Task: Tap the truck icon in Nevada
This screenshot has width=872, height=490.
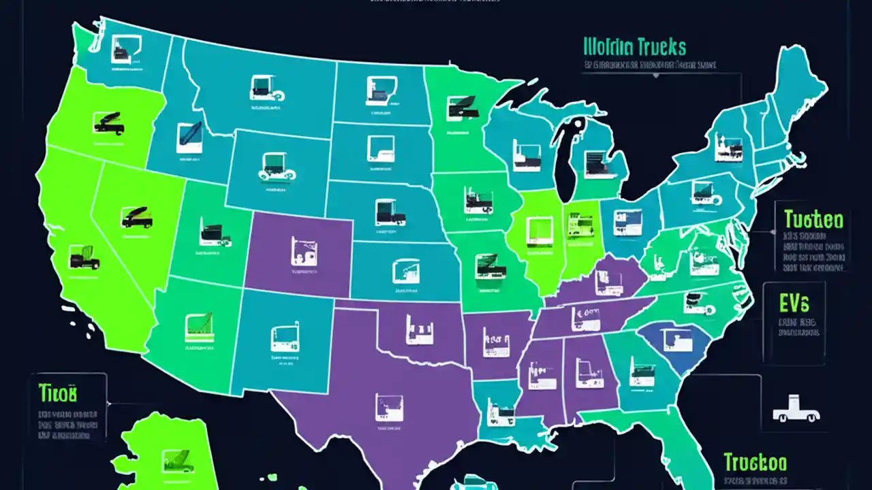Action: click(x=137, y=217)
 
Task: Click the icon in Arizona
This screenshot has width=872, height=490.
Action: click(x=199, y=327)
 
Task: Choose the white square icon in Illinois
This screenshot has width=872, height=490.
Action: click(x=540, y=231)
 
